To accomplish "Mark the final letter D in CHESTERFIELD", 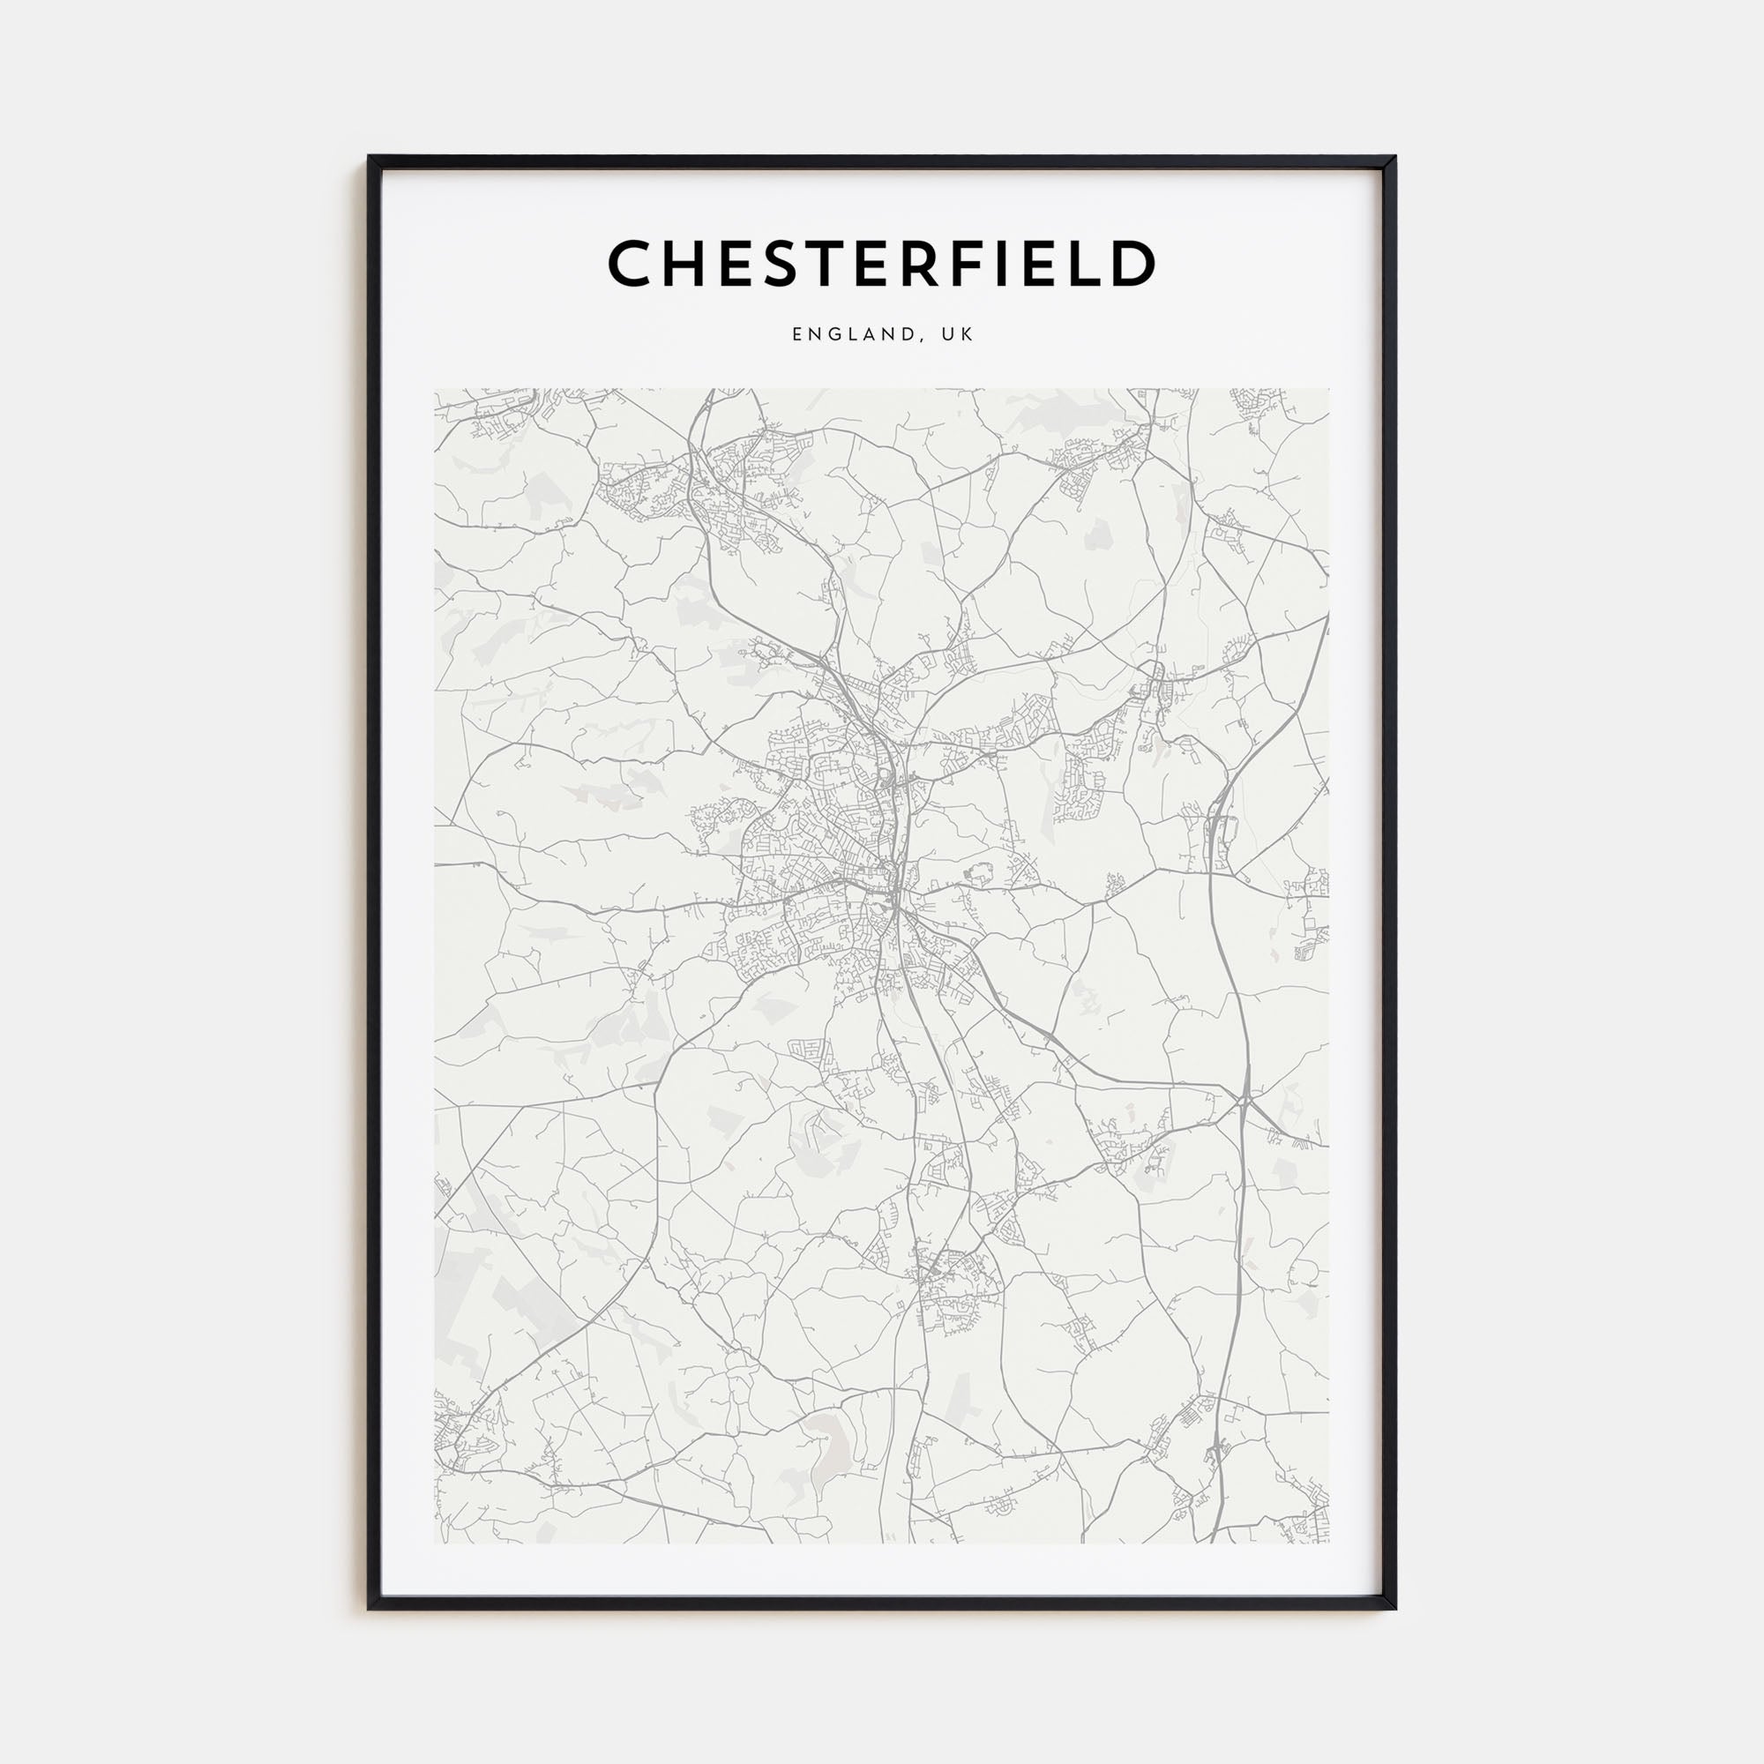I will point(1133,263).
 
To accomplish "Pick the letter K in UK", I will point(968,334).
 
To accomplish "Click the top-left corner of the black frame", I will point(370,157).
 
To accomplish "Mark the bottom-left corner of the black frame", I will point(370,1609).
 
